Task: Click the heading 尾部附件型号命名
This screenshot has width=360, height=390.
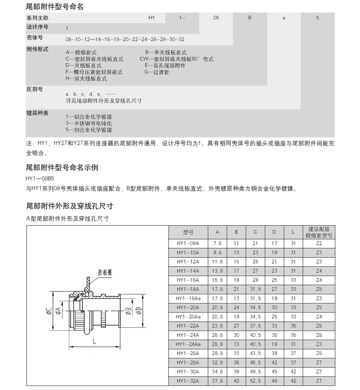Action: tap(55, 6)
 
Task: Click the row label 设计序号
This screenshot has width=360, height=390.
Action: tap(37, 27)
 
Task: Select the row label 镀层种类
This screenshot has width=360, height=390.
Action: tap(37, 113)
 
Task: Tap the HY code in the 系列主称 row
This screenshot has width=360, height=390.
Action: tap(152, 18)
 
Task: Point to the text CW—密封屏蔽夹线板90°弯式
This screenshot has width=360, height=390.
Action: tap(176, 59)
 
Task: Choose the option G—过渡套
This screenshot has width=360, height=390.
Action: tap(157, 72)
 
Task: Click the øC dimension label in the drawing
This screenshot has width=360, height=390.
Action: tap(49, 310)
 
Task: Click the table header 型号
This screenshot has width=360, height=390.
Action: tap(188, 232)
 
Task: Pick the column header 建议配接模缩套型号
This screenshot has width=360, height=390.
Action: tap(318, 232)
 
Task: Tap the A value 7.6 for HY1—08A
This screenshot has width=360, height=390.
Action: tap(217, 243)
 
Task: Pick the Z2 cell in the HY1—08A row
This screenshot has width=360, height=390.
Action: tap(318, 243)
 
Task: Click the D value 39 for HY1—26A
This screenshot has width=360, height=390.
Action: tap(274, 354)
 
